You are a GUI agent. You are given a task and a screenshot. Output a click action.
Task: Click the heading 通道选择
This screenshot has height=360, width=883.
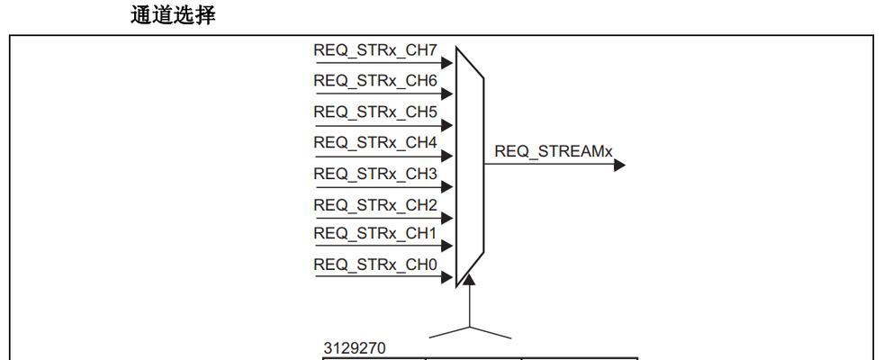pos(173,14)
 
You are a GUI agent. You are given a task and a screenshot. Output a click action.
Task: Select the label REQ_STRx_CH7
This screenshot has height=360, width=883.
pos(375,50)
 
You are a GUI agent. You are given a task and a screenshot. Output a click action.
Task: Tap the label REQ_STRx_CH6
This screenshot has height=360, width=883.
pos(375,81)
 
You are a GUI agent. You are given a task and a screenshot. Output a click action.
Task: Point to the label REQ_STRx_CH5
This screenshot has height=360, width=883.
pos(375,112)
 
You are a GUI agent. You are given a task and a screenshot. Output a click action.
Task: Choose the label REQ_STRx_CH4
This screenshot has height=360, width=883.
pos(375,142)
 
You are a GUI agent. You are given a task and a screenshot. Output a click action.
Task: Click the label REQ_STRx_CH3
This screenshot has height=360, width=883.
pos(375,174)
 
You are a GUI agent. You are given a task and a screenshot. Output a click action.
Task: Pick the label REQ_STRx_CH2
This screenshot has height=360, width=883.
pos(375,205)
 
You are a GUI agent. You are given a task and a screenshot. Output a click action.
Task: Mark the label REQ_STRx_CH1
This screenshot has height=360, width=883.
pos(375,233)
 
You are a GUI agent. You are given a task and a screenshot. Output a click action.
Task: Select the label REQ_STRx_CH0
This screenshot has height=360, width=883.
pos(375,265)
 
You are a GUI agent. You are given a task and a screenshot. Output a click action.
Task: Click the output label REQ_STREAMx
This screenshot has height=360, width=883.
pos(554,151)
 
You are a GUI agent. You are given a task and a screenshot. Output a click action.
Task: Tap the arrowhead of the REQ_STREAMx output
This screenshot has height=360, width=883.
pos(619,165)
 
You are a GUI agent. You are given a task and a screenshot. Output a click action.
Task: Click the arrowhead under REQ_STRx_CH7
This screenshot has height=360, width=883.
pos(447,62)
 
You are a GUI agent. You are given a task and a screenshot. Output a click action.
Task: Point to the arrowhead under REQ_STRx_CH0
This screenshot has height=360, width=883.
pos(447,277)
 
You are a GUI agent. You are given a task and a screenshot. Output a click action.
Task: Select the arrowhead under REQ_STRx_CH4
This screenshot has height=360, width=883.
pos(447,156)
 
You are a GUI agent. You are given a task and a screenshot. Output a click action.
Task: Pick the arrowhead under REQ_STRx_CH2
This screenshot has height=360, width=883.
pos(447,218)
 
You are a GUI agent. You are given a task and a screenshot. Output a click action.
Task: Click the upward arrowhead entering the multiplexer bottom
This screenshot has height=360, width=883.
pos(469,279)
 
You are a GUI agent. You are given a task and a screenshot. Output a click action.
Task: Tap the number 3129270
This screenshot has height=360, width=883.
pos(355,348)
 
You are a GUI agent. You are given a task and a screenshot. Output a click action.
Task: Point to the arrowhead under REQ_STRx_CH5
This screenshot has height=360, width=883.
pos(447,125)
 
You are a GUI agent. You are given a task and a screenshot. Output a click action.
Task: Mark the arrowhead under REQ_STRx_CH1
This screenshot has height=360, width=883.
pos(447,246)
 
